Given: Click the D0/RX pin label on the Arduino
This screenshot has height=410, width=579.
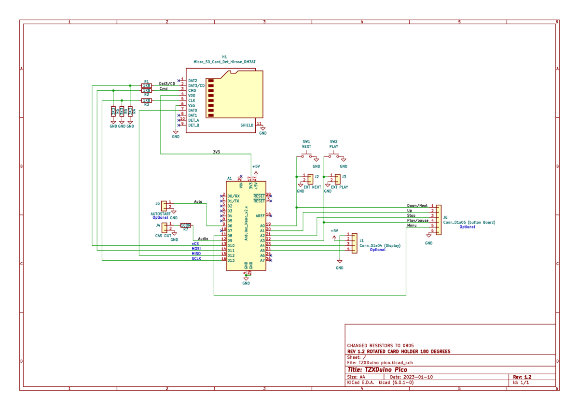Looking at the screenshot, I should tap(233, 196).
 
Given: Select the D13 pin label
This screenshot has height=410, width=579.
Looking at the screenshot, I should tap(231, 260).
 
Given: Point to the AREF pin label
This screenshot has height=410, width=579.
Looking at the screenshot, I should tap(260, 216).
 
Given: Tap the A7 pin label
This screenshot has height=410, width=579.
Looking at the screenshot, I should tap(262, 260).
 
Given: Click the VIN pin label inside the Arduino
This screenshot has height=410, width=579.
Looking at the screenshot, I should tap(241, 185).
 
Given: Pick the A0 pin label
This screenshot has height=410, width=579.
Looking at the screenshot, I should tap(262, 226).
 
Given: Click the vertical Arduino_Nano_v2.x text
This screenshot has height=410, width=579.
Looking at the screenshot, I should tap(246, 223).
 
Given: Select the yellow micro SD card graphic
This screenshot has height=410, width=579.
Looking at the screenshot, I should tap(234, 95).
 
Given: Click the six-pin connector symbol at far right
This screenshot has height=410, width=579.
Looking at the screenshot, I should tap(438, 220).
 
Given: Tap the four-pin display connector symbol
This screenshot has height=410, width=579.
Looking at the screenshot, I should tap(354, 243).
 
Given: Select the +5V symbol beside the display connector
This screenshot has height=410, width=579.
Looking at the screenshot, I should tap(334, 237).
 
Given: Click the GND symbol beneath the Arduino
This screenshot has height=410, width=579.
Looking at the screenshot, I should tap(246, 279).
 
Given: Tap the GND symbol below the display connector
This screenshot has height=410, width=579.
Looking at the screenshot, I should tap(339, 262).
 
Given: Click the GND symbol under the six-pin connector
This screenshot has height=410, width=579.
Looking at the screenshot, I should tap(428, 236).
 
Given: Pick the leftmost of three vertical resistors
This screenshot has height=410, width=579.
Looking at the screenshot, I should tap(113, 112).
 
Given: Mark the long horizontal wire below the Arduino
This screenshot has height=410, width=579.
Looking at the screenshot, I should tap(309, 296).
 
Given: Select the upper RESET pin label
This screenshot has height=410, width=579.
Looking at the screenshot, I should tap(259, 196).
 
